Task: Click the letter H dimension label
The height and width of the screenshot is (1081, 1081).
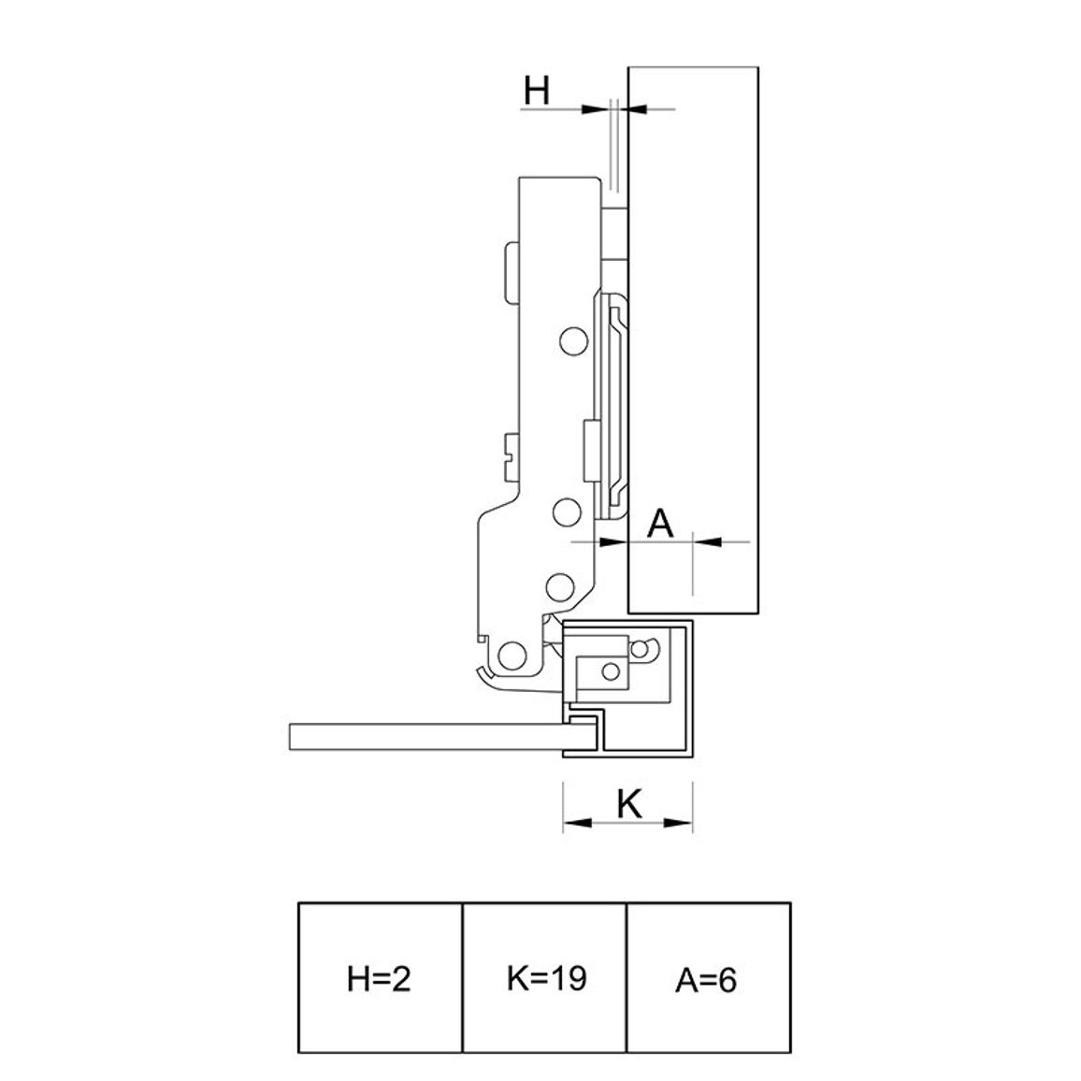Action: [537, 91]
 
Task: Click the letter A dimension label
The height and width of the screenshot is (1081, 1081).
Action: [660, 524]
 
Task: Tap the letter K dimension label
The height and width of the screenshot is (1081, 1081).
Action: [629, 803]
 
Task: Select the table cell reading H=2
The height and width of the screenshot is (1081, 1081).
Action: [380, 978]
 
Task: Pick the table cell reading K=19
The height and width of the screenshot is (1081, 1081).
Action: [544, 978]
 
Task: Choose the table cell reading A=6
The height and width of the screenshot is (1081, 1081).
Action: [708, 978]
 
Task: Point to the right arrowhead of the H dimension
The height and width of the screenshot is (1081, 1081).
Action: [637, 108]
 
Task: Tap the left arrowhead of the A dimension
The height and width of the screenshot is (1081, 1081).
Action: [613, 541]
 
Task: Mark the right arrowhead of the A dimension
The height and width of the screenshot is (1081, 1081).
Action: [707, 541]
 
